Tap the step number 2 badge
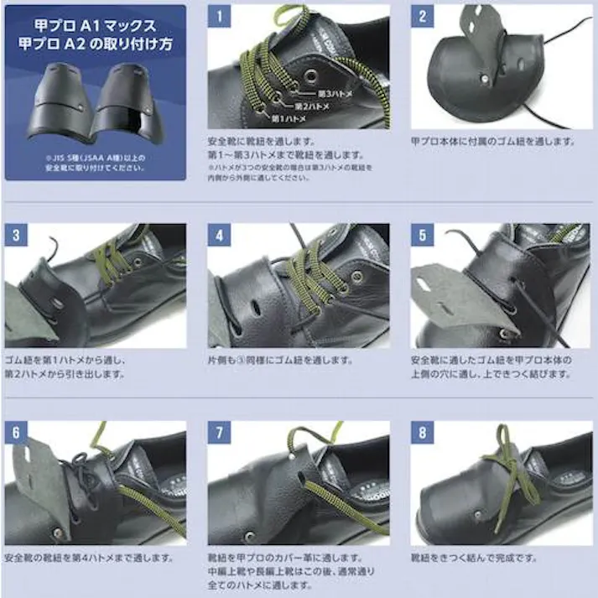[421, 15]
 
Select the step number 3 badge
[16, 235]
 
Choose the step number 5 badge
[421, 235]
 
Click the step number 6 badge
[16, 431]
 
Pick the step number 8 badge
[421, 431]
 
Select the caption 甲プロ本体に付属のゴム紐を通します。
[493, 141]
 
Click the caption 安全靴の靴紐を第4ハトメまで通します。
[90, 557]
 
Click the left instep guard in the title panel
[61, 105]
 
